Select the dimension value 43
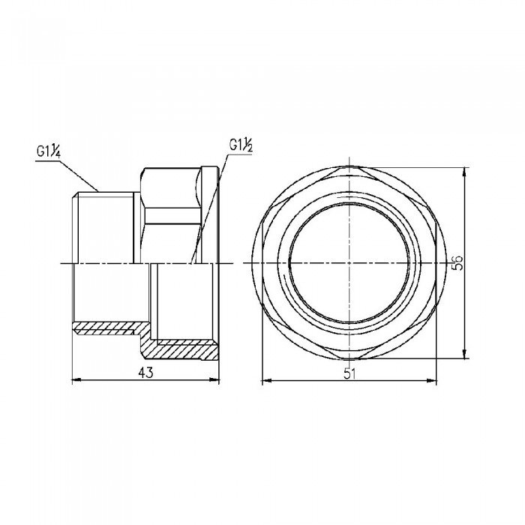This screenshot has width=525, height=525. tap(147, 373)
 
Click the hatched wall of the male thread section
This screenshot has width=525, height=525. tap(105, 328)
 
